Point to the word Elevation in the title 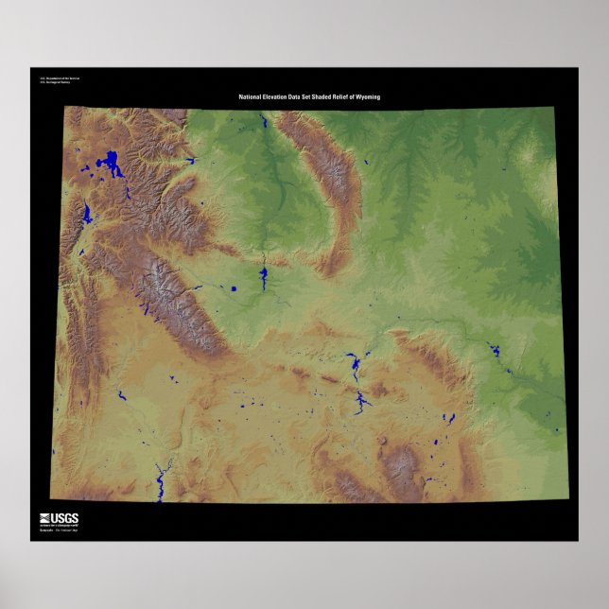280,97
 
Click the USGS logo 61,518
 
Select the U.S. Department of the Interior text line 54,78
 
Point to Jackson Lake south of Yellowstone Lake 87,214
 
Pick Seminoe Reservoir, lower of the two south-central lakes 360,405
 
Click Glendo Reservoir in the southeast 493,351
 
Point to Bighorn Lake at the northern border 262,124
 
